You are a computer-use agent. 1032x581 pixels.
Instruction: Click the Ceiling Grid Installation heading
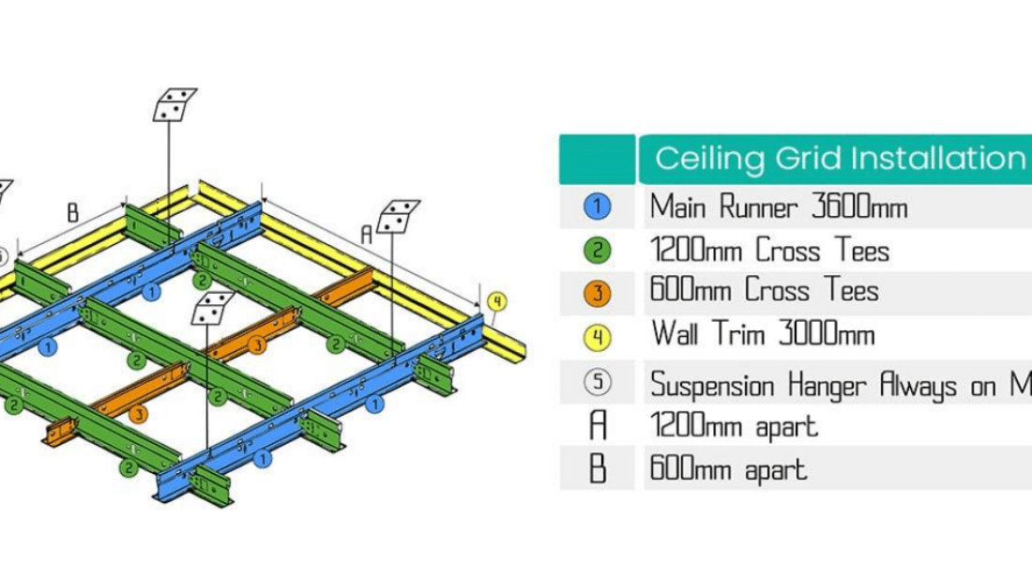[x=838, y=158]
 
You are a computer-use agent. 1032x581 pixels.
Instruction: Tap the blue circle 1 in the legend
[x=598, y=206]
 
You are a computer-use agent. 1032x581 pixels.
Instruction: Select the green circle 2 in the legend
[x=598, y=251]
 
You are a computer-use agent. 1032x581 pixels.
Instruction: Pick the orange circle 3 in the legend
[x=598, y=293]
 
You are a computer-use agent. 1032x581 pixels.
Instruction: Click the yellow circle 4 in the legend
[x=598, y=336]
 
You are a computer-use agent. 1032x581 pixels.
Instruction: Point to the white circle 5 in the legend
[x=598, y=382]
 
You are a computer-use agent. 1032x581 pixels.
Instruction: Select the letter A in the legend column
[x=598, y=426]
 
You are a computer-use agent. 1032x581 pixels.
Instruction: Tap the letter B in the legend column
[x=598, y=468]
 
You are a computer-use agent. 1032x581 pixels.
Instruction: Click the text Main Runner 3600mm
[x=779, y=206]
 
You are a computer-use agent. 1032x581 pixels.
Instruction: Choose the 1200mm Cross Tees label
[x=769, y=251]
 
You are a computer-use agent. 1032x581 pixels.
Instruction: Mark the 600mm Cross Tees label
[x=765, y=291]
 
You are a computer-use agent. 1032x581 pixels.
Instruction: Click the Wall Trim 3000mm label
[x=762, y=334]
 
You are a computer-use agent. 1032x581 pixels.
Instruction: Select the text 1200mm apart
[x=734, y=426]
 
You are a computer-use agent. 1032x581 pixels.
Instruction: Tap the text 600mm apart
[x=728, y=468]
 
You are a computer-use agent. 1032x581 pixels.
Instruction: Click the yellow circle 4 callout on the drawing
[x=497, y=301]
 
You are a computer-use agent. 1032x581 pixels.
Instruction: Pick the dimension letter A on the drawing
[x=367, y=238]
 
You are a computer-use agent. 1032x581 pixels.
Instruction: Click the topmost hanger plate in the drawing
[x=175, y=104]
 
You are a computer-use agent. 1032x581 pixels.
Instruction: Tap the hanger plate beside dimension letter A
[x=398, y=216]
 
